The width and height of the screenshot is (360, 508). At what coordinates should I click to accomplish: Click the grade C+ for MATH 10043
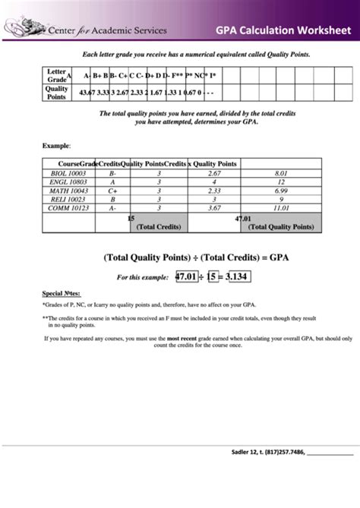click(x=112, y=191)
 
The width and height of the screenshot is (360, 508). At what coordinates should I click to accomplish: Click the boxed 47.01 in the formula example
click(x=186, y=276)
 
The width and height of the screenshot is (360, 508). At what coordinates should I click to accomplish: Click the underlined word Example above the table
click(x=55, y=144)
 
